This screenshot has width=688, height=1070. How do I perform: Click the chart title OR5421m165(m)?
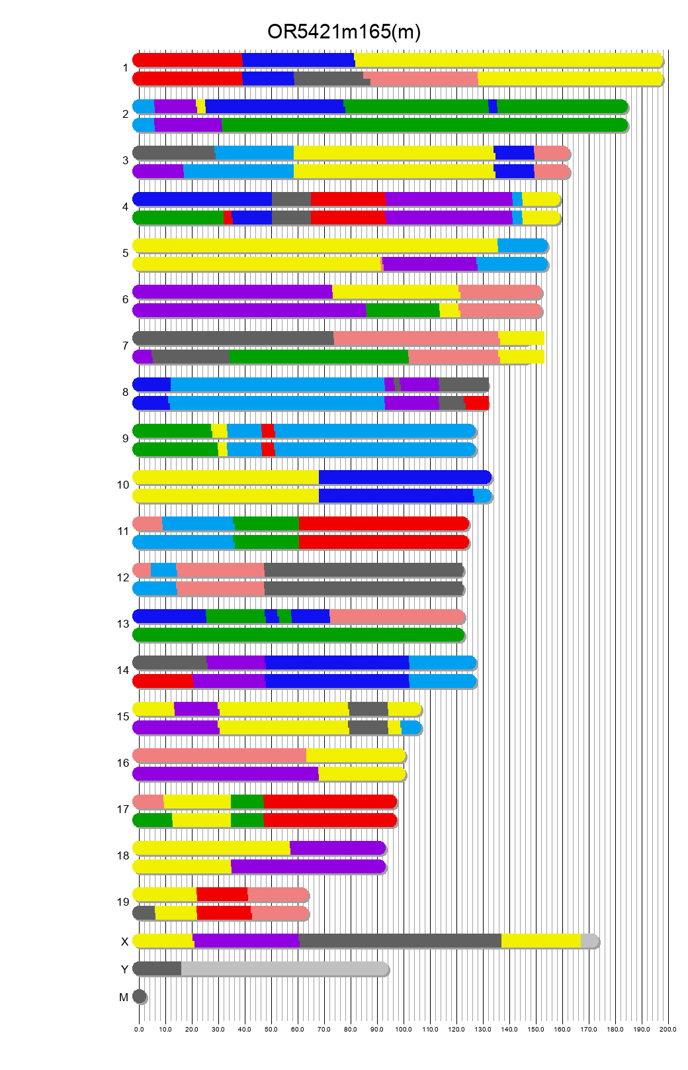343,32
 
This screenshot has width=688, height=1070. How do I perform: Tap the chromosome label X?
124,942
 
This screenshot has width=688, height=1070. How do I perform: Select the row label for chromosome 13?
123,624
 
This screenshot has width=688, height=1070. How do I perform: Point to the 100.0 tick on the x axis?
404,1030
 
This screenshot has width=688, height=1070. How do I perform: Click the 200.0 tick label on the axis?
668,1030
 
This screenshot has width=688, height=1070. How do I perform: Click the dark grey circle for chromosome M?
139,997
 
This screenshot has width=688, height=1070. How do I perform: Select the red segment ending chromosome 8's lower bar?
476,403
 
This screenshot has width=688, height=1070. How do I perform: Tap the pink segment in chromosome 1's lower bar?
423,79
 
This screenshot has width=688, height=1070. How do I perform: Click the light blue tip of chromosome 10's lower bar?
482,496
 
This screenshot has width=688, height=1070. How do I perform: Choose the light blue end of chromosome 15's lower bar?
411,728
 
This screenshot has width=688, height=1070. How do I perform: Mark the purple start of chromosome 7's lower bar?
143,357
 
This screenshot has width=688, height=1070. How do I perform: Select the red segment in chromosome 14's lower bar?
163,681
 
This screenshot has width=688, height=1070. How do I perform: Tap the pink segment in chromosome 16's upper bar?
220,755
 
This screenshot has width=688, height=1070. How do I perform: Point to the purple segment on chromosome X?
246,941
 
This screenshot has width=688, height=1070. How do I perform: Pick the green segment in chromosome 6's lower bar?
402,311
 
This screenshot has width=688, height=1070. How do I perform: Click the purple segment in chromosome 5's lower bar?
429,264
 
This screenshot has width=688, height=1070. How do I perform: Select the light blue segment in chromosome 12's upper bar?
163,570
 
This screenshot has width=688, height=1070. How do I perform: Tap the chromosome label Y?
124,969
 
